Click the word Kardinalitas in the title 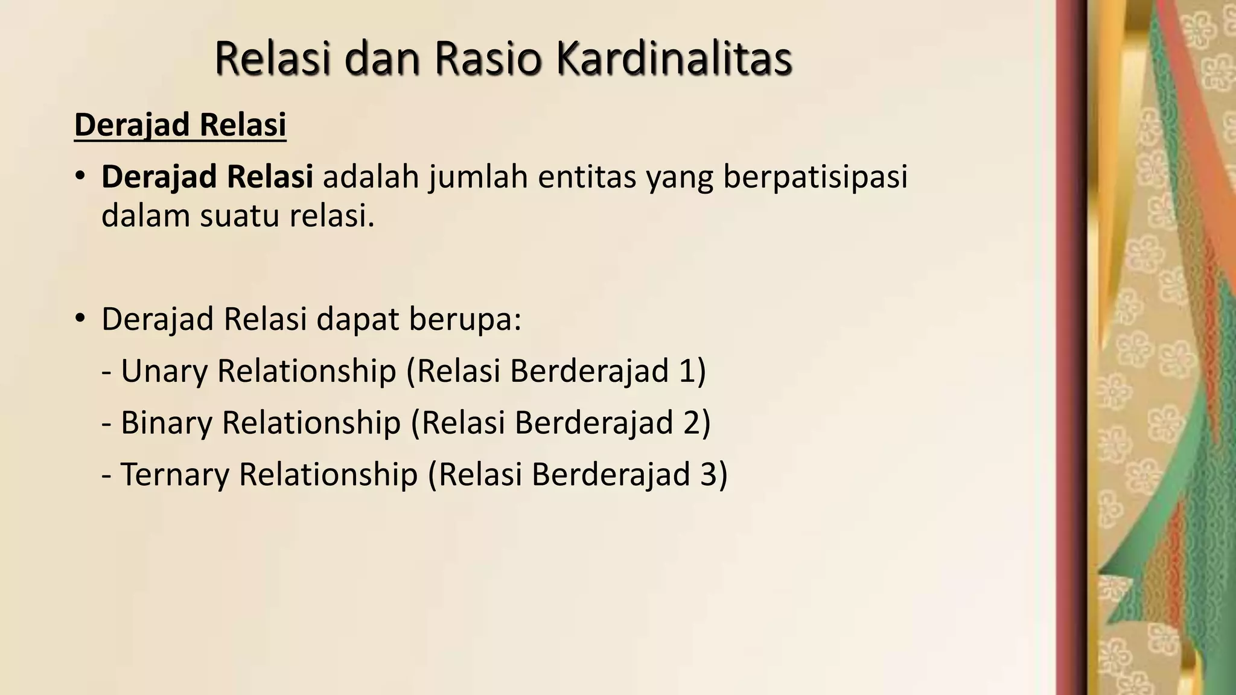674,59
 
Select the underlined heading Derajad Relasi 180,125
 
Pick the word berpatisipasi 815,177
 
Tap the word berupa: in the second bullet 465,319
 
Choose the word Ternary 175,474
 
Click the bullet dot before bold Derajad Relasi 80,177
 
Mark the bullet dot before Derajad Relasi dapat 80,319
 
